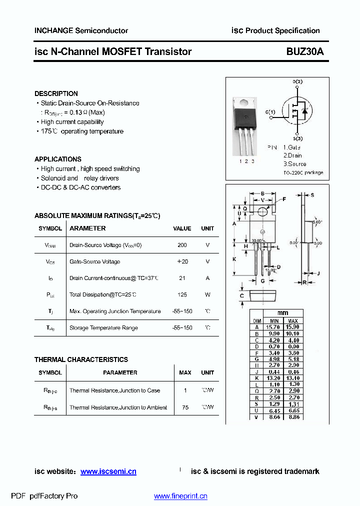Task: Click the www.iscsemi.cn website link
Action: [x=108, y=471]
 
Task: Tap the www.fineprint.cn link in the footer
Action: [x=180, y=496]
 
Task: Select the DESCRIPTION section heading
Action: [x=56, y=93]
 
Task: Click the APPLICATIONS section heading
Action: [x=57, y=159]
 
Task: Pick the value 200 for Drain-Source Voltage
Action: [x=182, y=245]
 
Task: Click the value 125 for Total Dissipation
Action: [x=182, y=294]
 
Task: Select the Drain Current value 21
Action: [x=182, y=278]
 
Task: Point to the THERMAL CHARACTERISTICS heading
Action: [x=81, y=359]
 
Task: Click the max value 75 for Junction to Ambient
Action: [x=185, y=407]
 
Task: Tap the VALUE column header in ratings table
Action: [x=182, y=228]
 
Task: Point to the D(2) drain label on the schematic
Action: [x=297, y=81]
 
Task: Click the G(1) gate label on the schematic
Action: [x=270, y=111]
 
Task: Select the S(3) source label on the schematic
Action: [x=297, y=138]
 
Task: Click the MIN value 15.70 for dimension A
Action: [x=274, y=326]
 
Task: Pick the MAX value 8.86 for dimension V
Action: [x=293, y=416]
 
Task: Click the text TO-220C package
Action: [x=303, y=172]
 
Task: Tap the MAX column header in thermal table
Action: [x=185, y=372]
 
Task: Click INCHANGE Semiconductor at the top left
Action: [x=81, y=30]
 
